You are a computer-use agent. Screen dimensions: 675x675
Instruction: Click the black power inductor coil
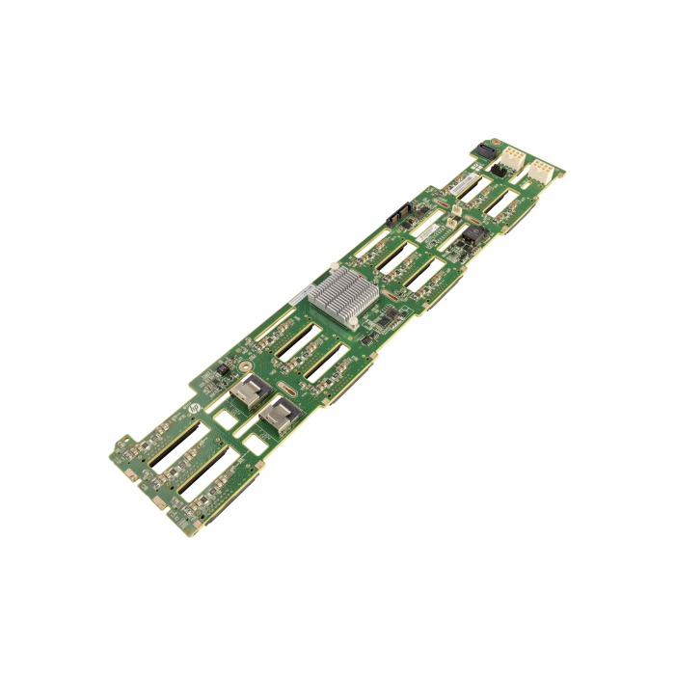pyautogui.click(x=472, y=234)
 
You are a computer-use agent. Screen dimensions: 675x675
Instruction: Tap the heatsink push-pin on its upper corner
pyautogui.click(x=334, y=267)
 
